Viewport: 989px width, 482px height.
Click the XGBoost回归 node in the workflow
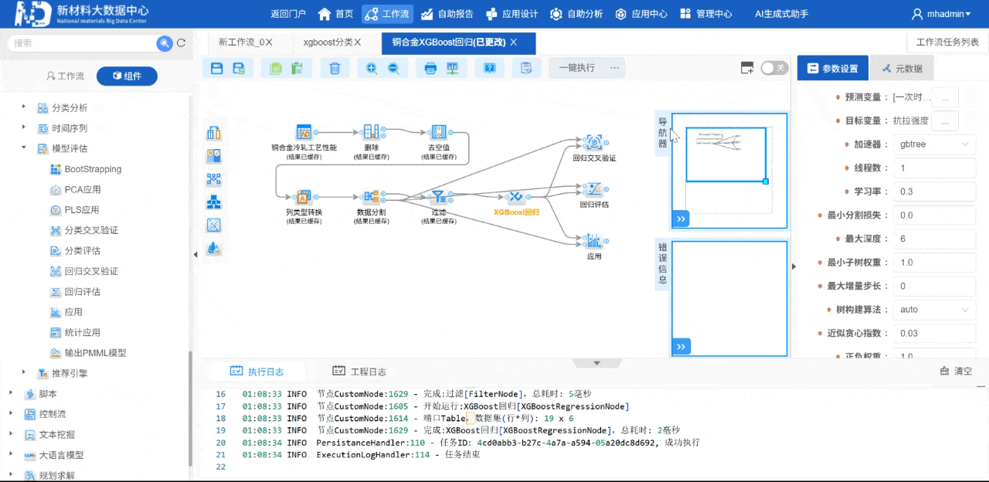pos(515,198)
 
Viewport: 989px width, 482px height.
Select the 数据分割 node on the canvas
pos(371,198)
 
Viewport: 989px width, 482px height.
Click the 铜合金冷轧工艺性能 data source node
pos(304,132)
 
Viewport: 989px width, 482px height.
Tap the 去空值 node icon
pos(438,132)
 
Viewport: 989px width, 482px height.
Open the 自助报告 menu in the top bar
pos(448,14)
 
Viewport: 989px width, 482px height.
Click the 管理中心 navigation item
pos(706,14)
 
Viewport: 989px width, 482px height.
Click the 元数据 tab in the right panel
pos(902,69)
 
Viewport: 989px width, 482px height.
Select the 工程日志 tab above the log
pos(359,372)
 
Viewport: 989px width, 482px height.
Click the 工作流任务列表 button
pos(947,42)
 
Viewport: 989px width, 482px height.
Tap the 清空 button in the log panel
pos(956,372)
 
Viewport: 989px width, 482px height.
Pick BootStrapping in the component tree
pos(93,169)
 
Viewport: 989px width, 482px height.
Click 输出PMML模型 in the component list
pos(95,353)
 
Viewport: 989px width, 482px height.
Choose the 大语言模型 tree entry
pos(61,456)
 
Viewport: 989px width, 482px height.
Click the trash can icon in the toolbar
pos(335,68)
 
